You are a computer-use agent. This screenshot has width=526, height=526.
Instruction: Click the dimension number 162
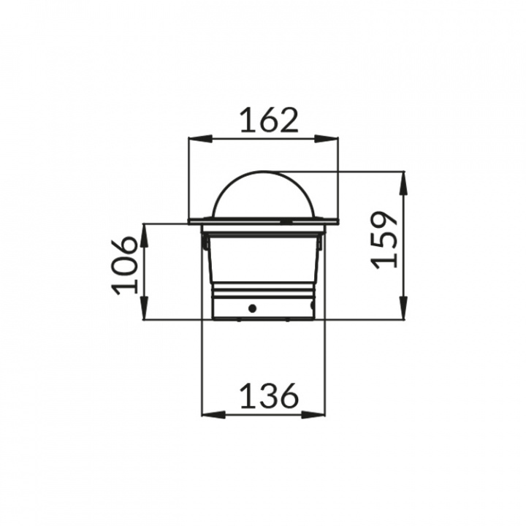click(270, 120)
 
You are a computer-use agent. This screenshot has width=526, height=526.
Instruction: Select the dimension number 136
click(270, 395)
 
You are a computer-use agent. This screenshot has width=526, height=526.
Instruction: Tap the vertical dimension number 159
click(385, 240)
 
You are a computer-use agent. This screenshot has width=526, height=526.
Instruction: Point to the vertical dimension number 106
click(124, 266)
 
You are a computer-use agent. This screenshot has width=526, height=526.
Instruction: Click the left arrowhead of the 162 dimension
click(201, 139)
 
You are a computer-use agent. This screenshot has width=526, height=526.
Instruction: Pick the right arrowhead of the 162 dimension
click(326, 139)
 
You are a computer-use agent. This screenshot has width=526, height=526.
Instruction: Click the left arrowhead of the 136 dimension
click(213, 415)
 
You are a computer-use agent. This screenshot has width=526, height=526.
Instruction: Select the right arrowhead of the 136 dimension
click(313, 415)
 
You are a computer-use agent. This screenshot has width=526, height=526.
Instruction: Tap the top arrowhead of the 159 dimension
click(403, 183)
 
